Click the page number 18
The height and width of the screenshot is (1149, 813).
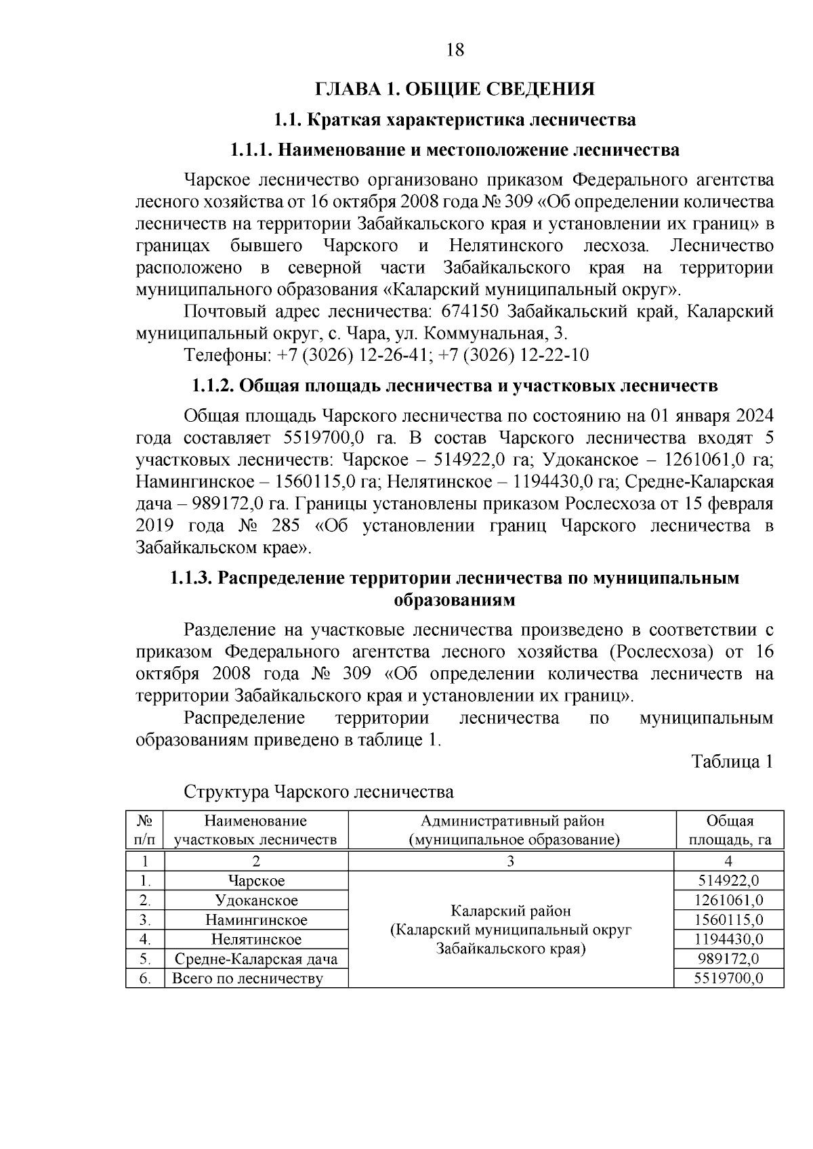click(455, 49)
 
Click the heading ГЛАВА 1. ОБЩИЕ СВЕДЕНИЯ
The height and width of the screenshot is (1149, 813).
click(455, 89)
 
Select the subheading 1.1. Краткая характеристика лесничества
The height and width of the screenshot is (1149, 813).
click(455, 120)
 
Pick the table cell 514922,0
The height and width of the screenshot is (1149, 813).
click(728, 880)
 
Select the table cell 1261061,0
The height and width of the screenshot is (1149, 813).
click(728, 900)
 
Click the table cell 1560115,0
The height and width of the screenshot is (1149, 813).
click(728, 919)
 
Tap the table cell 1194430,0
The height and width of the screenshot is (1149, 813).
click(728, 939)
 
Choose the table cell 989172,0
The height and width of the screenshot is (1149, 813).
click(728, 959)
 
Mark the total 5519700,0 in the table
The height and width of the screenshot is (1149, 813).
click(728, 978)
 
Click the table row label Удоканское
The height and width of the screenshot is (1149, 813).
click(256, 900)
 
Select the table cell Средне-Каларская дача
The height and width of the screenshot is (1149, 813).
click(256, 959)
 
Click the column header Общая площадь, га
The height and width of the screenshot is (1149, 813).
click(729, 830)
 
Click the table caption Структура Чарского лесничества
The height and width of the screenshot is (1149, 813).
click(318, 792)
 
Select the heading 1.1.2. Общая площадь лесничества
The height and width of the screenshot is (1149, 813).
click(455, 386)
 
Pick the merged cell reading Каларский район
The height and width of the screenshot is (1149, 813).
click(511, 911)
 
